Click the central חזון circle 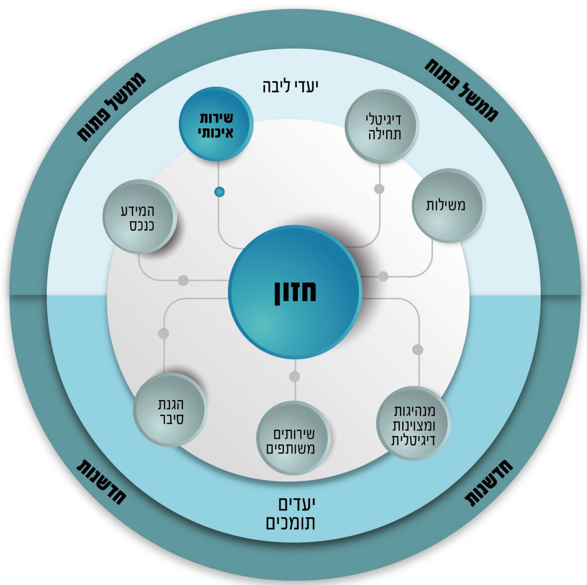tap(295, 292)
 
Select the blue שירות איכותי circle tap(216, 124)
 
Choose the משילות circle tap(448, 205)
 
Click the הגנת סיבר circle tap(170, 410)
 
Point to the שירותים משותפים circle tap(293, 438)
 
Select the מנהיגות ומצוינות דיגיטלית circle tap(413, 423)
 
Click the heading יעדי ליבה tap(290, 86)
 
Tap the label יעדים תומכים tap(292, 513)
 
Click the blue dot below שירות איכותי tap(220, 192)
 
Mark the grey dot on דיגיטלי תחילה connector tap(379, 189)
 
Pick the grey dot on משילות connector tap(383, 276)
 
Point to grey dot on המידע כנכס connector tap(183, 280)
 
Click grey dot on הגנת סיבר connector tap(163, 334)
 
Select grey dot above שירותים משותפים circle tap(294, 376)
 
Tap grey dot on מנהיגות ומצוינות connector tap(418, 350)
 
